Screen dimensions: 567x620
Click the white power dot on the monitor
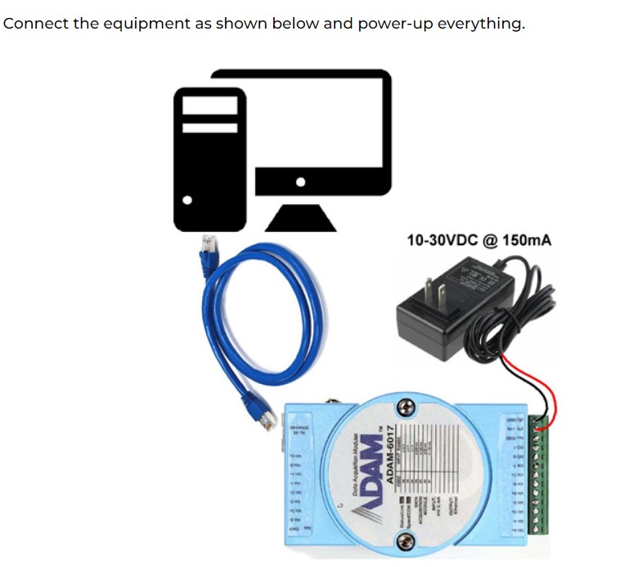click(301, 181)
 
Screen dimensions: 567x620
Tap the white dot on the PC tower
click(188, 199)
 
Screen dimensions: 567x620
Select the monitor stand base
click(301, 217)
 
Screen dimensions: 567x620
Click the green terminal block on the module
click(538, 482)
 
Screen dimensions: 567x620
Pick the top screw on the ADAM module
click(402, 407)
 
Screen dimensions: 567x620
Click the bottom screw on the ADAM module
click(402, 540)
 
